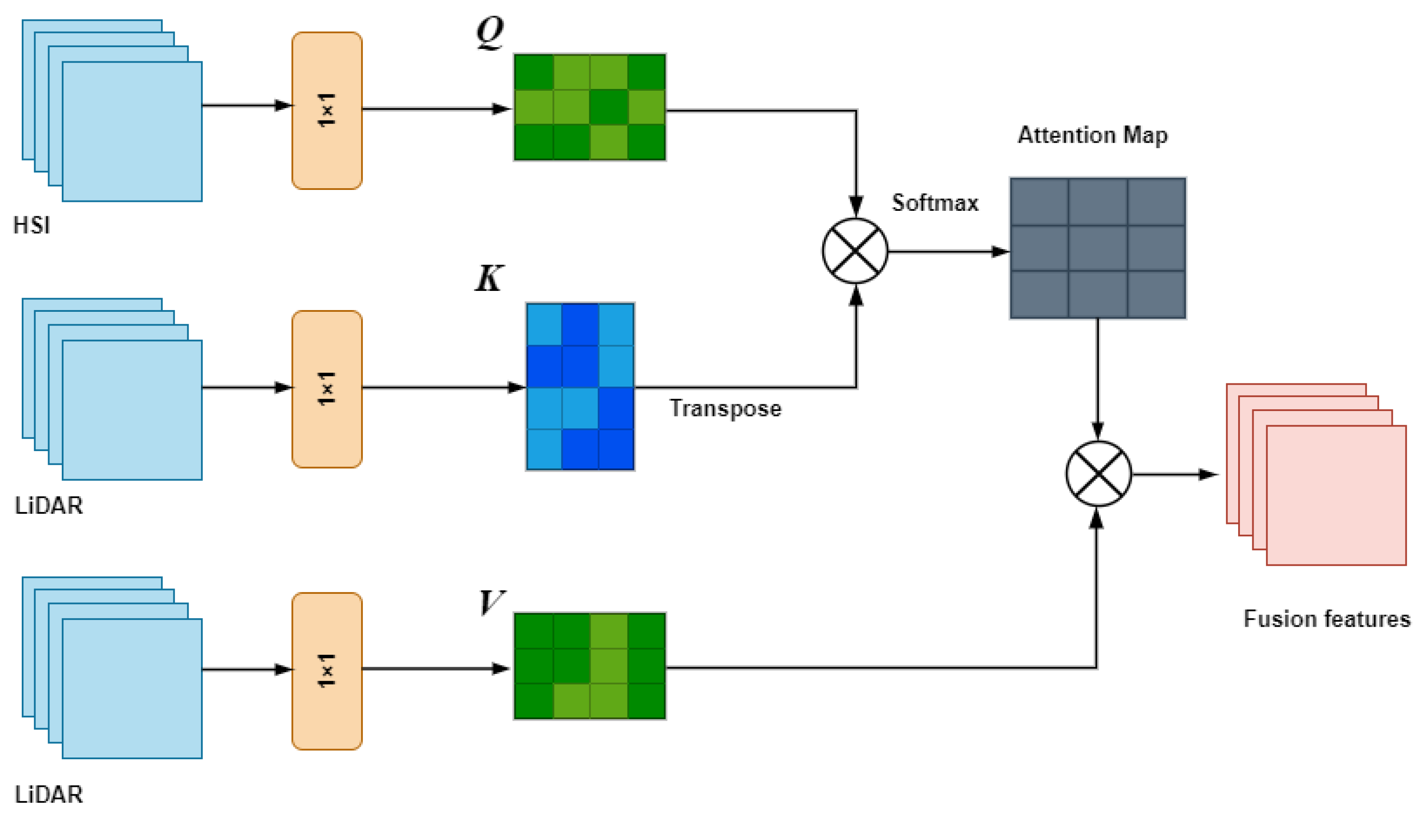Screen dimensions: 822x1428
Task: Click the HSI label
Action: tap(32, 225)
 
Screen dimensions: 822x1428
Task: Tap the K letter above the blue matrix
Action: tap(489, 278)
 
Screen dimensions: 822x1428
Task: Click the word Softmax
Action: tap(935, 203)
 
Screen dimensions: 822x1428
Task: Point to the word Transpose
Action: tap(725, 408)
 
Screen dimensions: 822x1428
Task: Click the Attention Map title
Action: tap(1092, 136)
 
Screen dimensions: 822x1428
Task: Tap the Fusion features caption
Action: tap(1327, 619)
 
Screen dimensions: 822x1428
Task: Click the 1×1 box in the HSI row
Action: tap(327, 111)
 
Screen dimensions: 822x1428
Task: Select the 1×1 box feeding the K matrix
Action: tap(327, 389)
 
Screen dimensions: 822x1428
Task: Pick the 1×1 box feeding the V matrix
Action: tap(327, 671)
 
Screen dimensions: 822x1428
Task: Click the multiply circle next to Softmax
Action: tap(855, 251)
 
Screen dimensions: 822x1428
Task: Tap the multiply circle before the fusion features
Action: tap(1098, 474)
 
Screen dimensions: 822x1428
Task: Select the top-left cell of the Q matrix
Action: tap(533, 72)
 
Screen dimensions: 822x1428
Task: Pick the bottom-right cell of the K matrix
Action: tap(616, 449)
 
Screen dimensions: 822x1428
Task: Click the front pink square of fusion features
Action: tap(1336, 495)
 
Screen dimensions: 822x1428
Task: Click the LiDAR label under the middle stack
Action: tap(48, 505)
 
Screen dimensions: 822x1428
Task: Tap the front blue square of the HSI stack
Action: tap(132, 132)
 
